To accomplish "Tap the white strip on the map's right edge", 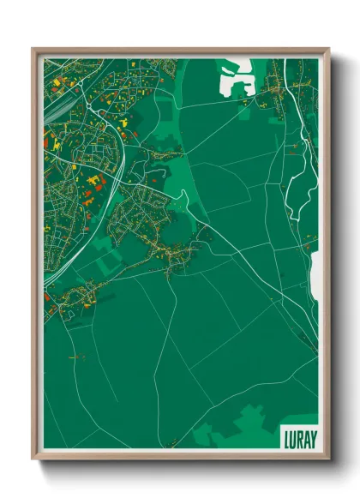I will click(x=315, y=274).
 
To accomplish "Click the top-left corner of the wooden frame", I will click(x=33, y=49).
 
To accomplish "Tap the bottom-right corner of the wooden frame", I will click(x=328, y=458).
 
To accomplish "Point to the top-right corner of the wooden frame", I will click(x=328, y=49).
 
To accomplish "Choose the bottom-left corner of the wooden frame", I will click(x=33, y=458).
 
